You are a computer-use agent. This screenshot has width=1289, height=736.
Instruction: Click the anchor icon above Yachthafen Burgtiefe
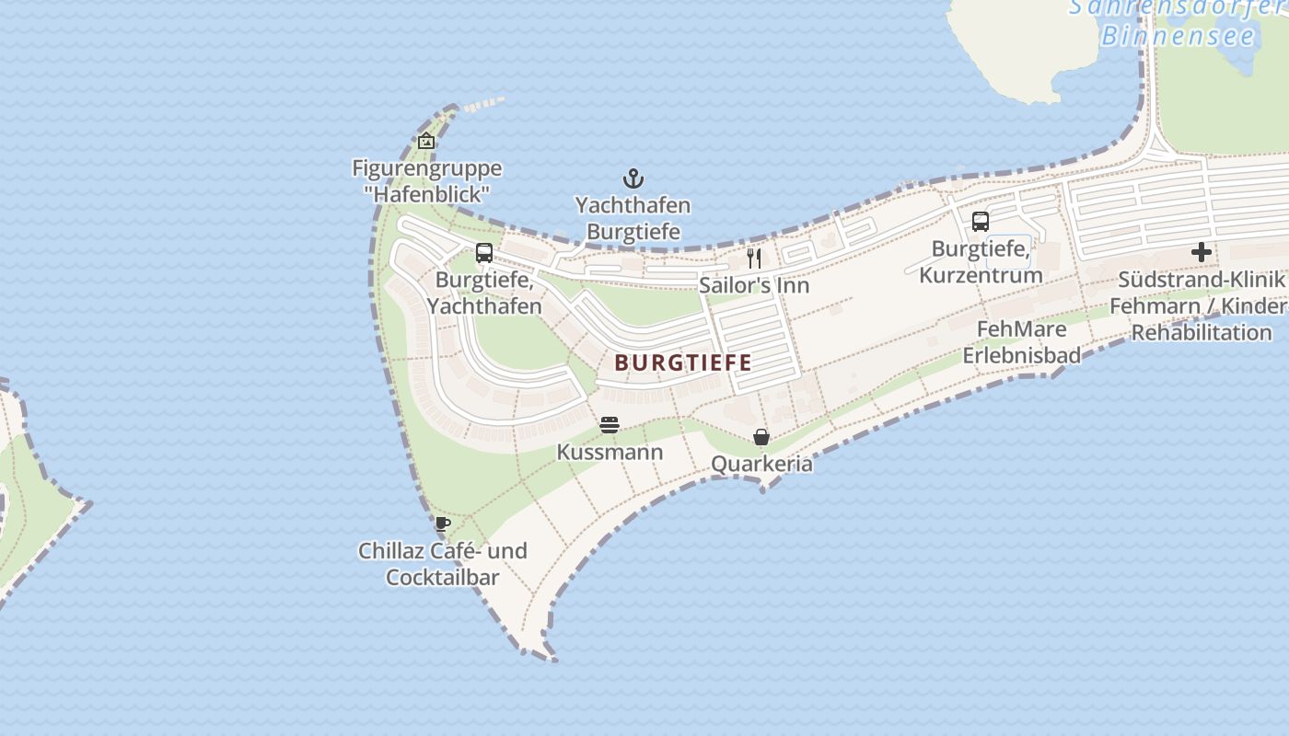pyautogui.click(x=633, y=178)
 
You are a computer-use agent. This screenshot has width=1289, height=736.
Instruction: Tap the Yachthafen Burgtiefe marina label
pyautogui.click(x=633, y=218)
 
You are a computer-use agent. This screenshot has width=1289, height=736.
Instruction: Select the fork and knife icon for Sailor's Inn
pyautogui.click(x=754, y=258)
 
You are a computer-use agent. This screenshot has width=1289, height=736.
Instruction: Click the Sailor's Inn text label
pyautogui.click(x=754, y=285)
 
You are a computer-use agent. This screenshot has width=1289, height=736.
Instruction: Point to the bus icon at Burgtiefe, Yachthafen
pyautogui.click(x=484, y=253)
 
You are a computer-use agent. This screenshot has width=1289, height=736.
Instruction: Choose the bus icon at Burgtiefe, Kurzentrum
pyautogui.click(x=981, y=222)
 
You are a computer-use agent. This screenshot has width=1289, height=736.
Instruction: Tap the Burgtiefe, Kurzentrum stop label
pyautogui.click(x=981, y=261)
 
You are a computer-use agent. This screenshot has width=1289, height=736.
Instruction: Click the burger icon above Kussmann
pyautogui.click(x=609, y=425)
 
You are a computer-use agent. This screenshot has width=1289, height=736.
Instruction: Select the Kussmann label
pyautogui.click(x=610, y=453)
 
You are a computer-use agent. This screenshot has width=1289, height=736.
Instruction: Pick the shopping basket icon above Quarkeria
pyautogui.click(x=761, y=437)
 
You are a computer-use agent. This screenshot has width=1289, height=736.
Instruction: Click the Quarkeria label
pyautogui.click(x=761, y=464)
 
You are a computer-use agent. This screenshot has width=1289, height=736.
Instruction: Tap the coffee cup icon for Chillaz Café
pyautogui.click(x=442, y=524)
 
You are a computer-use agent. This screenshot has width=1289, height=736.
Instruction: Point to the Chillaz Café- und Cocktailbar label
pyautogui.click(x=443, y=564)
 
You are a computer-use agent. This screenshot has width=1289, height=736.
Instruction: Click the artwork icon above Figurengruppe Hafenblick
pyautogui.click(x=426, y=142)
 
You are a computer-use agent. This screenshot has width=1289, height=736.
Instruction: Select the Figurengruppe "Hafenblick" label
pyautogui.click(x=427, y=181)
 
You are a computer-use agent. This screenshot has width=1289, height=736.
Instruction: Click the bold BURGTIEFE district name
pyautogui.click(x=683, y=362)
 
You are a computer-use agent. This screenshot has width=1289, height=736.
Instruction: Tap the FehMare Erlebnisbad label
pyautogui.click(x=1021, y=341)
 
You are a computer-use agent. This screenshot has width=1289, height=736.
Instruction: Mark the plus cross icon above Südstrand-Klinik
pyautogui.click(x=1201, y=252)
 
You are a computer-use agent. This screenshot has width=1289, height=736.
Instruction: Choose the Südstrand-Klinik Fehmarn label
pyautogui.click(x=1201, y=305)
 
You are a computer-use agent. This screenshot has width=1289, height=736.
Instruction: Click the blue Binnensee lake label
pyautogui.click(x=1179, y=37)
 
